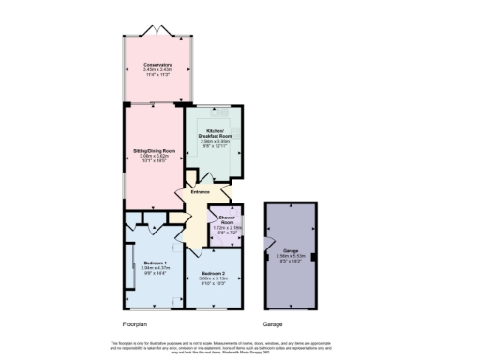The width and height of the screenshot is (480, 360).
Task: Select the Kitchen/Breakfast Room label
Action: [216, 133]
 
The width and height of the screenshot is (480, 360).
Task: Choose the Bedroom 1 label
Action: [154, 262]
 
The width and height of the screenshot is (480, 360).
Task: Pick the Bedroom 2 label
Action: [214, 272]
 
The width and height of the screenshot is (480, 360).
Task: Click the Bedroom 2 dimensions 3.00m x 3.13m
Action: [214, 277]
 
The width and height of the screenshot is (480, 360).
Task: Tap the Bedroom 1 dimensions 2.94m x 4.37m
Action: [154, 268]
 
